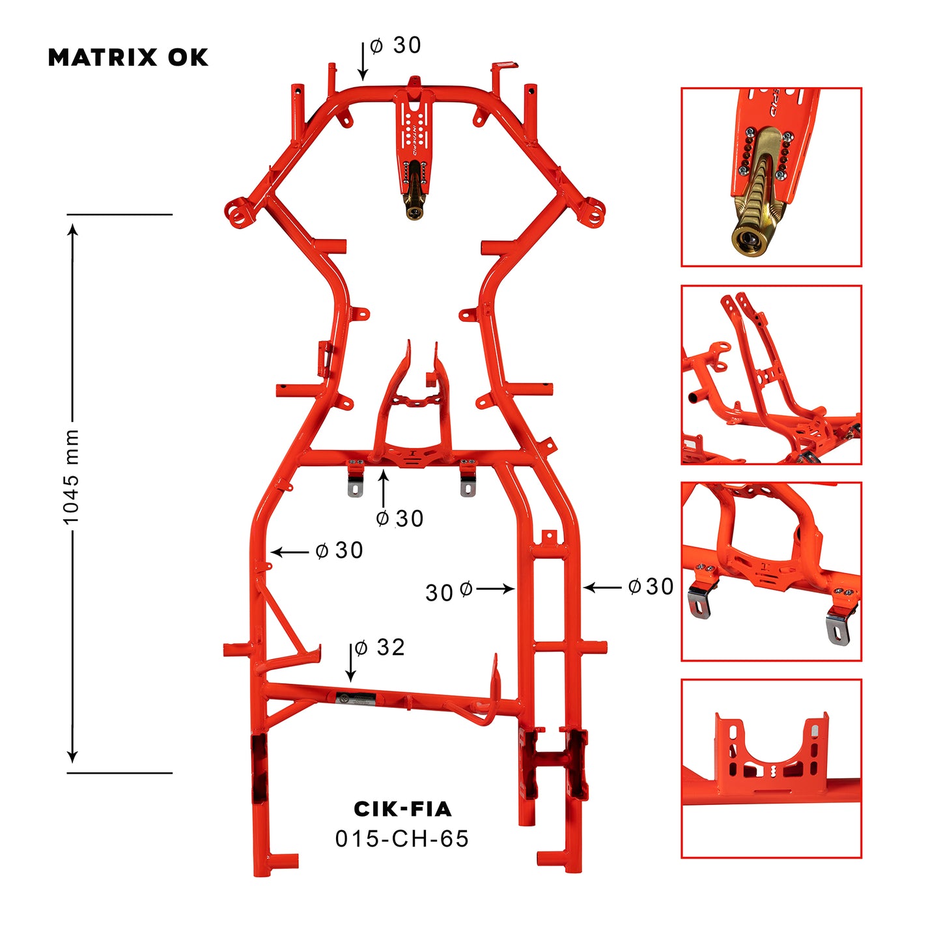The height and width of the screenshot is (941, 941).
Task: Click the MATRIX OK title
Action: (x=128, y=57)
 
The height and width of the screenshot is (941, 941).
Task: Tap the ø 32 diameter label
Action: (x=380, y=647)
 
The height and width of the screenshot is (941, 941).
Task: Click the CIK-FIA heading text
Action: (x=402, y=809)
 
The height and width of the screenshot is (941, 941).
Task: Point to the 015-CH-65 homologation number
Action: (x=402, y=839)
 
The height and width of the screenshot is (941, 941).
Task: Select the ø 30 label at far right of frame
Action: (x=651, y=587)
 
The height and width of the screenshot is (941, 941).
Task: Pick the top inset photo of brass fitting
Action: (x=771, y=177)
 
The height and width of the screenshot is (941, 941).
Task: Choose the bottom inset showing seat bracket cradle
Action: (x=771, y=768)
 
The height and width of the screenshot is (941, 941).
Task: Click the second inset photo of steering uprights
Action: (x=771, y=374)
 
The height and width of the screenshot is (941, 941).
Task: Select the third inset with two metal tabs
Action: (x=771, y=571)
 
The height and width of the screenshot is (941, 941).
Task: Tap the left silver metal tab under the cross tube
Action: (x=355, y=486)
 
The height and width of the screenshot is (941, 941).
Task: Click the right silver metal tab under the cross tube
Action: (x=468, y=486)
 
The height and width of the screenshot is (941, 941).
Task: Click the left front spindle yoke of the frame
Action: (x=237, y=212)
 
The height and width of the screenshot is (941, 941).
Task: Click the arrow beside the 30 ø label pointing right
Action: (x=496, y=589)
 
